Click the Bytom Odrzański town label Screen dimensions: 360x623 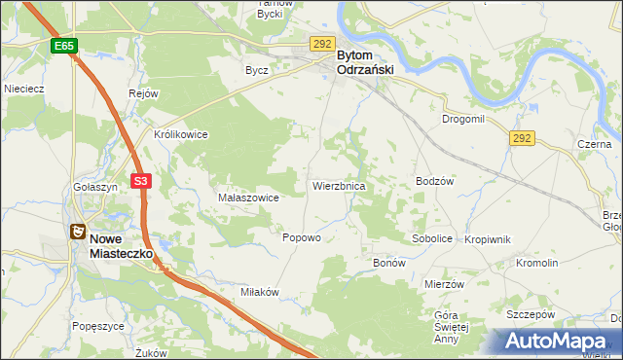pyautogui.click(x=369, y=63)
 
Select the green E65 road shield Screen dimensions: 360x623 pyautogui.click(x=64, y=46)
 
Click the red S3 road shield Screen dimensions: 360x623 pyautogui.click(x=142, y=181)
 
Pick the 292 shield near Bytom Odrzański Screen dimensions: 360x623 pyautogui.click(x=323, y=44)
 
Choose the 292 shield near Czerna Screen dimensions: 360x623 pyautogui.click(x=522, y=139)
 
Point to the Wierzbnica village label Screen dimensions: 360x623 pyautogui.click(x=339, y=185)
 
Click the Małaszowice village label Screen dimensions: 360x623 pyautogui.click(x=248, y=198)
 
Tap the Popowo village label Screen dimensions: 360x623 pyautogui.click(x=301, y=237)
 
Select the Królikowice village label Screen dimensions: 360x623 pyautogui.click(x=181, y=134)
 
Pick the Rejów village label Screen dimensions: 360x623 pyautogui.click(x=143, y=93)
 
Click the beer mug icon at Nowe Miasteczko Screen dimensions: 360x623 pyautogui.click(x=76, y=232)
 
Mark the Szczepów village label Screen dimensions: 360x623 pyautogui.click(x=530, y=315)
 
